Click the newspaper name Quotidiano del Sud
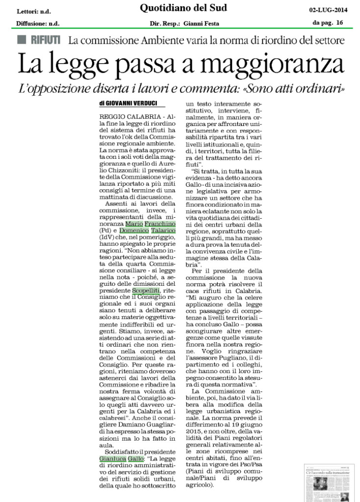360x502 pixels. click(x=180, y=8)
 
